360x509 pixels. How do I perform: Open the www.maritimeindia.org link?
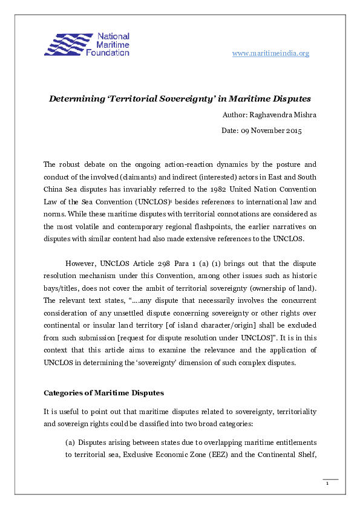pyautogui.click(x=270, y=53)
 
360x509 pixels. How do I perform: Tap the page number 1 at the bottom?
pyautogui.click(x=327, y=484)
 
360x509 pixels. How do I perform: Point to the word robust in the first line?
pyautogui.click(x=70, y=164)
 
